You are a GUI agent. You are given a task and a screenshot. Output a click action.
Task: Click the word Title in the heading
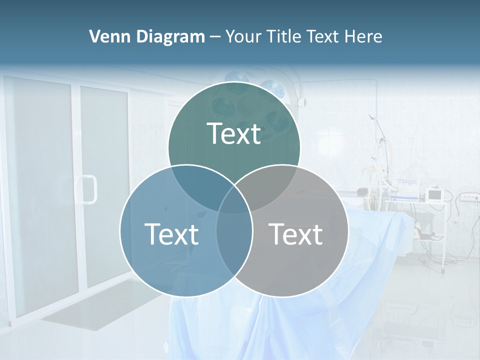(283, 36)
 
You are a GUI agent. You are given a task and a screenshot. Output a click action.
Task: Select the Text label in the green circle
(234, 133)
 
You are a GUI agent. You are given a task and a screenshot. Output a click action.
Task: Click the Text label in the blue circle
(171, 234)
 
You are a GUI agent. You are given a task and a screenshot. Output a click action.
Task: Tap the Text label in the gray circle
(296, 234)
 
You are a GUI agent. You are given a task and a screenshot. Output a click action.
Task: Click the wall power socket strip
(468, 197)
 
